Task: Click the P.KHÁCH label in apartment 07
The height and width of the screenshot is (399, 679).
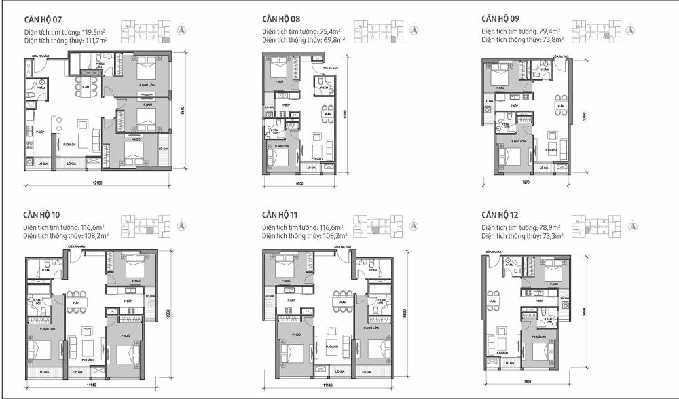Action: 69,145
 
